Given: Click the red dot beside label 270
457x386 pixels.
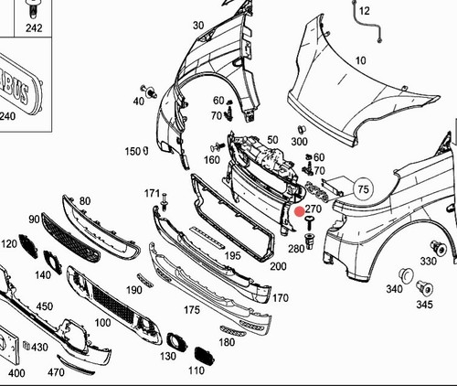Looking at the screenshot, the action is [x=300, y=211].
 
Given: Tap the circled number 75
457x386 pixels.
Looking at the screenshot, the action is [x=363, y=189].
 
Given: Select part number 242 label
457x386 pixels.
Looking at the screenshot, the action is [x=34, y=28].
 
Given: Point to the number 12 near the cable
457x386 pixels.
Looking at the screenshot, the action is [x=365, y=11].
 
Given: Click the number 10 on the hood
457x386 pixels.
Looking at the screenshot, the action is [x=360, y=60].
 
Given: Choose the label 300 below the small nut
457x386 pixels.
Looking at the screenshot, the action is [x=299, y=141].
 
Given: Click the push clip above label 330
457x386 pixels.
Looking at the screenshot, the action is [x=438, y=248].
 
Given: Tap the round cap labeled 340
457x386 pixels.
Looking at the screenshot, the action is [x=406, y=274].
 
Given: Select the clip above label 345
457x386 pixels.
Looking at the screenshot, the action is [x=424, y=288].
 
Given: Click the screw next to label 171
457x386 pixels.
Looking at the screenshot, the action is [x=165, y=202].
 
